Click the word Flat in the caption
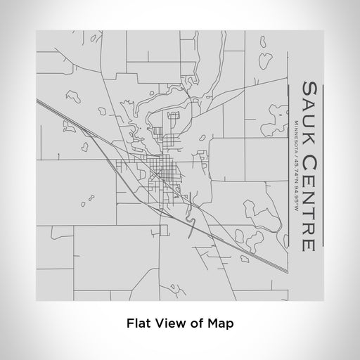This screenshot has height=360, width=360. pyautogui.click(x=139, y=324)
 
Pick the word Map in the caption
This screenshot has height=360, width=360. pyautogui.click(x=221, y=324)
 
